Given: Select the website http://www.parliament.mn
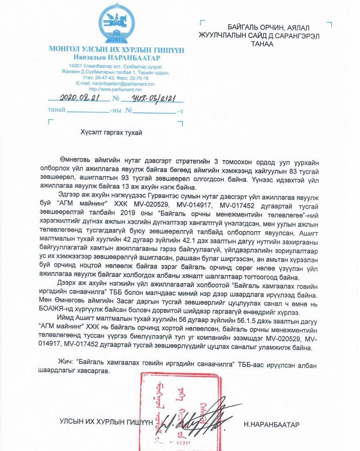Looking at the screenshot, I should (115, 89).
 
